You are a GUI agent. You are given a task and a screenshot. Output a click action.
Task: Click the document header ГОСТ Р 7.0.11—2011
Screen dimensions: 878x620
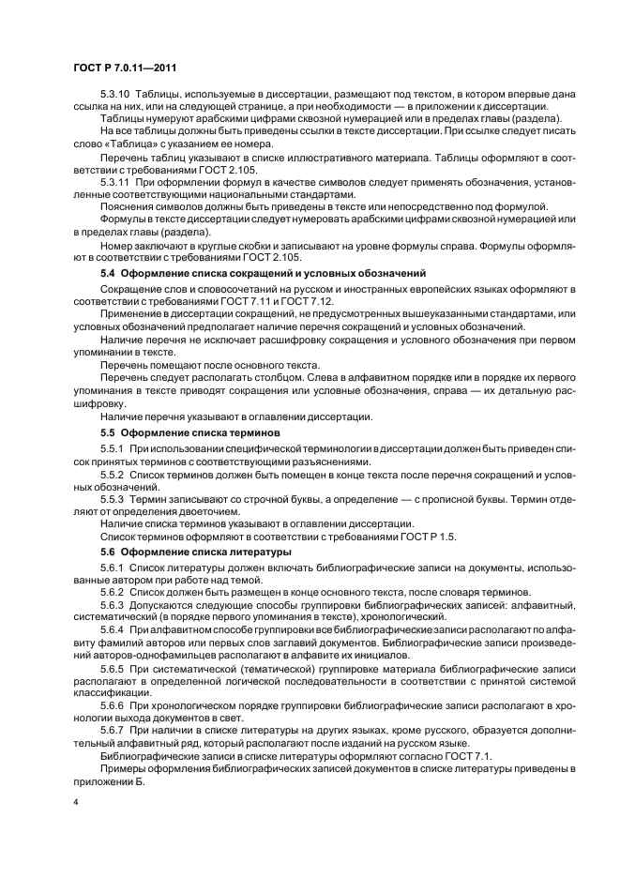pos(125,68)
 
